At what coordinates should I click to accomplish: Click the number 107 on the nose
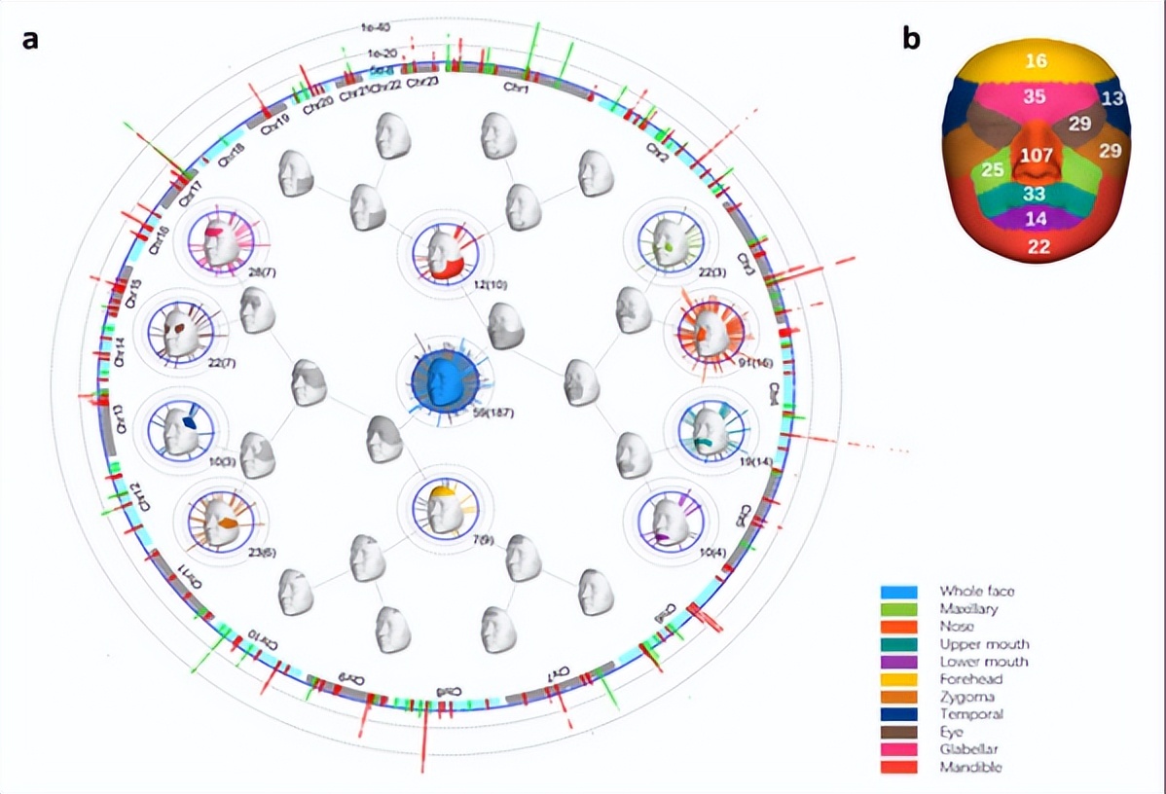tap(1038, 156)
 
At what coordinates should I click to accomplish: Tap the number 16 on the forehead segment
tap(1037, 61)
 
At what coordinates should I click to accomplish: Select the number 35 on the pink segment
tap(1036, 96)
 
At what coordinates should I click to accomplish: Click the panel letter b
tap(911, 38)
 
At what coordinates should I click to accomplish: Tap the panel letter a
tap(31, 40)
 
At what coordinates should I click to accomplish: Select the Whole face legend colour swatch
tap(895, 591)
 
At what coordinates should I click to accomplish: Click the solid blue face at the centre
tap(443, 381)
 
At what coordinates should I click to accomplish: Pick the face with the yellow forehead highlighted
tap(445, 509)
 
